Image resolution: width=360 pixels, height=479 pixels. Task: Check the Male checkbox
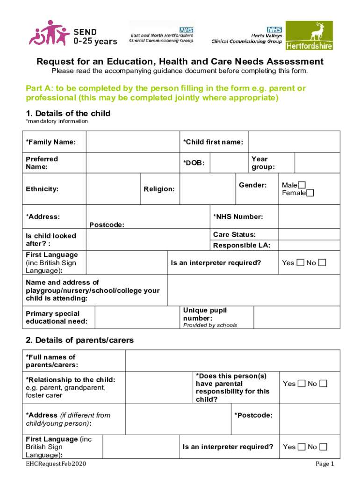coord(302,186)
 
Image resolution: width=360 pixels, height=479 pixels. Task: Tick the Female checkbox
coord(310,193)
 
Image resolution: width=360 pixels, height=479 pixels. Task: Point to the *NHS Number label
coord(238,217)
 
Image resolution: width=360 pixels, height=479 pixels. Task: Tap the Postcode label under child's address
coord(107,225)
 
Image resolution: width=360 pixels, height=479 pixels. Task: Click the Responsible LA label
coord(242,245)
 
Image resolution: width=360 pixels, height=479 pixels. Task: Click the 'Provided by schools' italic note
coord(210,325)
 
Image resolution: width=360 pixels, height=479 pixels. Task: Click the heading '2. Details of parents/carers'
coord(79,340)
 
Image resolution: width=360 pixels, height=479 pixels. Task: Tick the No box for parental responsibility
coord(323,384)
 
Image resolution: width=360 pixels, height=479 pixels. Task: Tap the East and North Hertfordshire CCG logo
coord(162,34)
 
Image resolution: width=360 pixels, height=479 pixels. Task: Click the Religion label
coord(159,189)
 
